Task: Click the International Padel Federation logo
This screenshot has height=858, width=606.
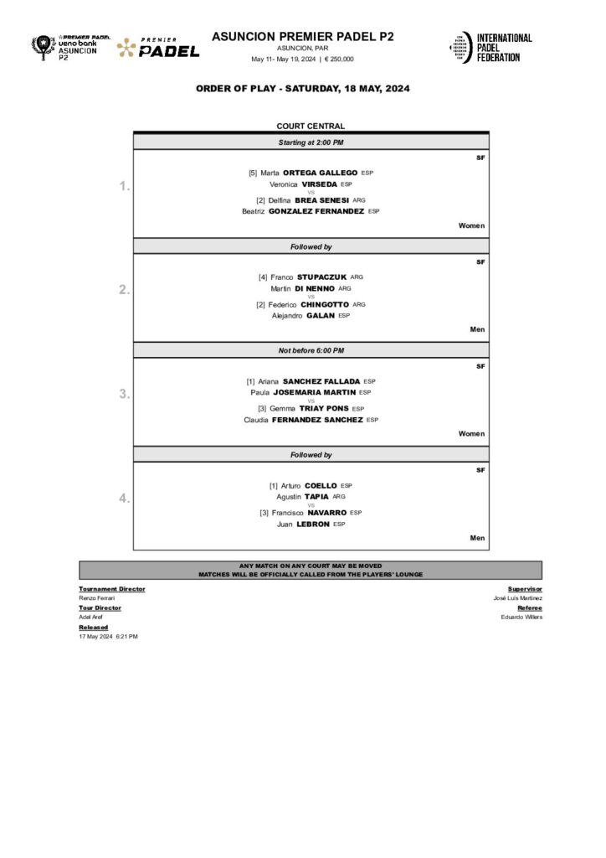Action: tap(490, 47)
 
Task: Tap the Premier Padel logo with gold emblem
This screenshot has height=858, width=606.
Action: tap(158, 48)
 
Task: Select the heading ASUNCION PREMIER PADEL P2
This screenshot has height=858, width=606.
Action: tap(302, 37)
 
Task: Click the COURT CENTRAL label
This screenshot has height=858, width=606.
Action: tap(311, 127)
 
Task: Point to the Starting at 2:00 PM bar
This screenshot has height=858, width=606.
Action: tap(311, 142)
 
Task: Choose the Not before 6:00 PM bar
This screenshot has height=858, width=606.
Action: tap(311, 350)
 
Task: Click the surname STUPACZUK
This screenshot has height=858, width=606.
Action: tap(321, 277)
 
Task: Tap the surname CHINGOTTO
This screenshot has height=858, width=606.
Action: tap(325, 304)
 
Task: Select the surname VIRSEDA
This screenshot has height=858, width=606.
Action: tap(314, 184)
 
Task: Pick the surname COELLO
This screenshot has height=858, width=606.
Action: tap(321, 485)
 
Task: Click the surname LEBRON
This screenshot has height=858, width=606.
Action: tap(313, 525)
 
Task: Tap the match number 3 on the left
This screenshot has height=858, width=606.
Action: tap(124, 394)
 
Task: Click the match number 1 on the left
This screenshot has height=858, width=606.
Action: tap(124, 186)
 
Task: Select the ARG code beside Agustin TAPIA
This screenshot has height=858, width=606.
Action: tap(339, 497)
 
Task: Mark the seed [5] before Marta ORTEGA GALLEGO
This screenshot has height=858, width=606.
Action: tap(253, 173)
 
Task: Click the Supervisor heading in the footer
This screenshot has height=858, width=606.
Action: tap(525, 589)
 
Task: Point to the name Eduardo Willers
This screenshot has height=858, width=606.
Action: tap(521, 617)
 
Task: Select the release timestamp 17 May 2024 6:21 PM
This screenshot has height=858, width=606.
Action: tap(108, 637)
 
